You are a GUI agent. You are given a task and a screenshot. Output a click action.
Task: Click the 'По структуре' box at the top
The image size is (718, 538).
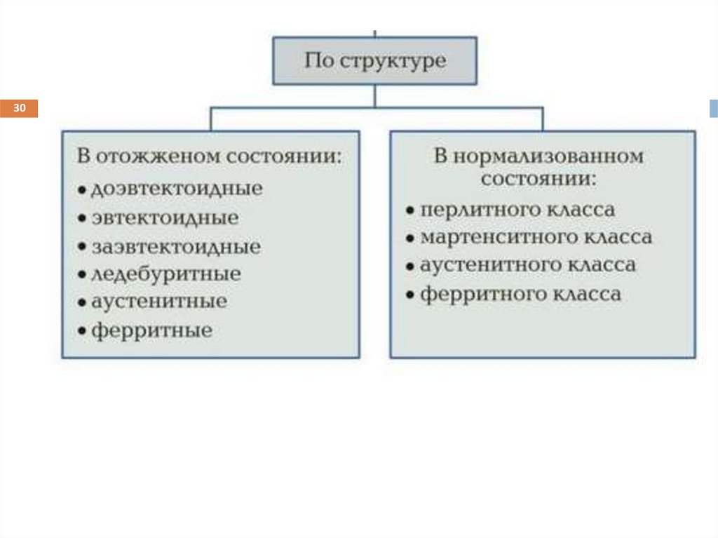pyautogui.click(x=374, y=60)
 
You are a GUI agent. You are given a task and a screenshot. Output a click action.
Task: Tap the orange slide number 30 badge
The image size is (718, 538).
pyautogui.click(x=19, y=109)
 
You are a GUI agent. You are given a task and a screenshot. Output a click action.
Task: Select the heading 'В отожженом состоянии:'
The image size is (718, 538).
pyautogui.click(x=210, y=156)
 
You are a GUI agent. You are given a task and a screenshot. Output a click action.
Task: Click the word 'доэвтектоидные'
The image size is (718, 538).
pyautogui.click(x=177, y=189)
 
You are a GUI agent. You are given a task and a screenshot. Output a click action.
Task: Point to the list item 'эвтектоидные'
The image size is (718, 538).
pyautogui.click(x=165, y=217)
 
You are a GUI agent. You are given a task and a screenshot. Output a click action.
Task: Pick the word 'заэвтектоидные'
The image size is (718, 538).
pyautogui.click(x=176, y=247)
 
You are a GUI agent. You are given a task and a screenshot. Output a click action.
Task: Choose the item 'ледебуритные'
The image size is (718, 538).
pyautogui.click(x=165, y=274)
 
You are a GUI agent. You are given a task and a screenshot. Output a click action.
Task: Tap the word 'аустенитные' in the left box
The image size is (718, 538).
pyautogui.click(x=159, y=302)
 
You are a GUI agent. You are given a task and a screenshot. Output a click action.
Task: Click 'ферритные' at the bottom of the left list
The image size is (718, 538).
pyautogui.click(x=151, y=330)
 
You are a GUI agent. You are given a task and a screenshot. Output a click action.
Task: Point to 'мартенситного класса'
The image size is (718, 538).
pyautogui.click(x=536, y=238)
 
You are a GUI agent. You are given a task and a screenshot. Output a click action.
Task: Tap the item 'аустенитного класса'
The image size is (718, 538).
pyautogui.click(x=528, y=266)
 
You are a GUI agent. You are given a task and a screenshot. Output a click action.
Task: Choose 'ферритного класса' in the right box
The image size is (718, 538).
pyautogui.click(x=520, y=294)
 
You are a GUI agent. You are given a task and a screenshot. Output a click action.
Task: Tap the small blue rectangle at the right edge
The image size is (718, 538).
pyautogui.click(x=714, y=109)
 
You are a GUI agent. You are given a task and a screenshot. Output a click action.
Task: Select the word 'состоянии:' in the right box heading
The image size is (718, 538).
pyautogui.click(x=538, y=178)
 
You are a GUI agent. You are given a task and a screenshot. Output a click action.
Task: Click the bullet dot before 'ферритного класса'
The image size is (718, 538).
pyautogui.click(x=409, y=295)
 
